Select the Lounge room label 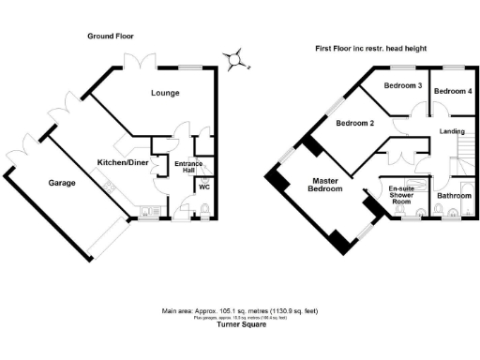pos(166,94)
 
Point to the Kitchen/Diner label pos(123,162)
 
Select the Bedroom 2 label pos(355,124)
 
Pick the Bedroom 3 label pos(403,87)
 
